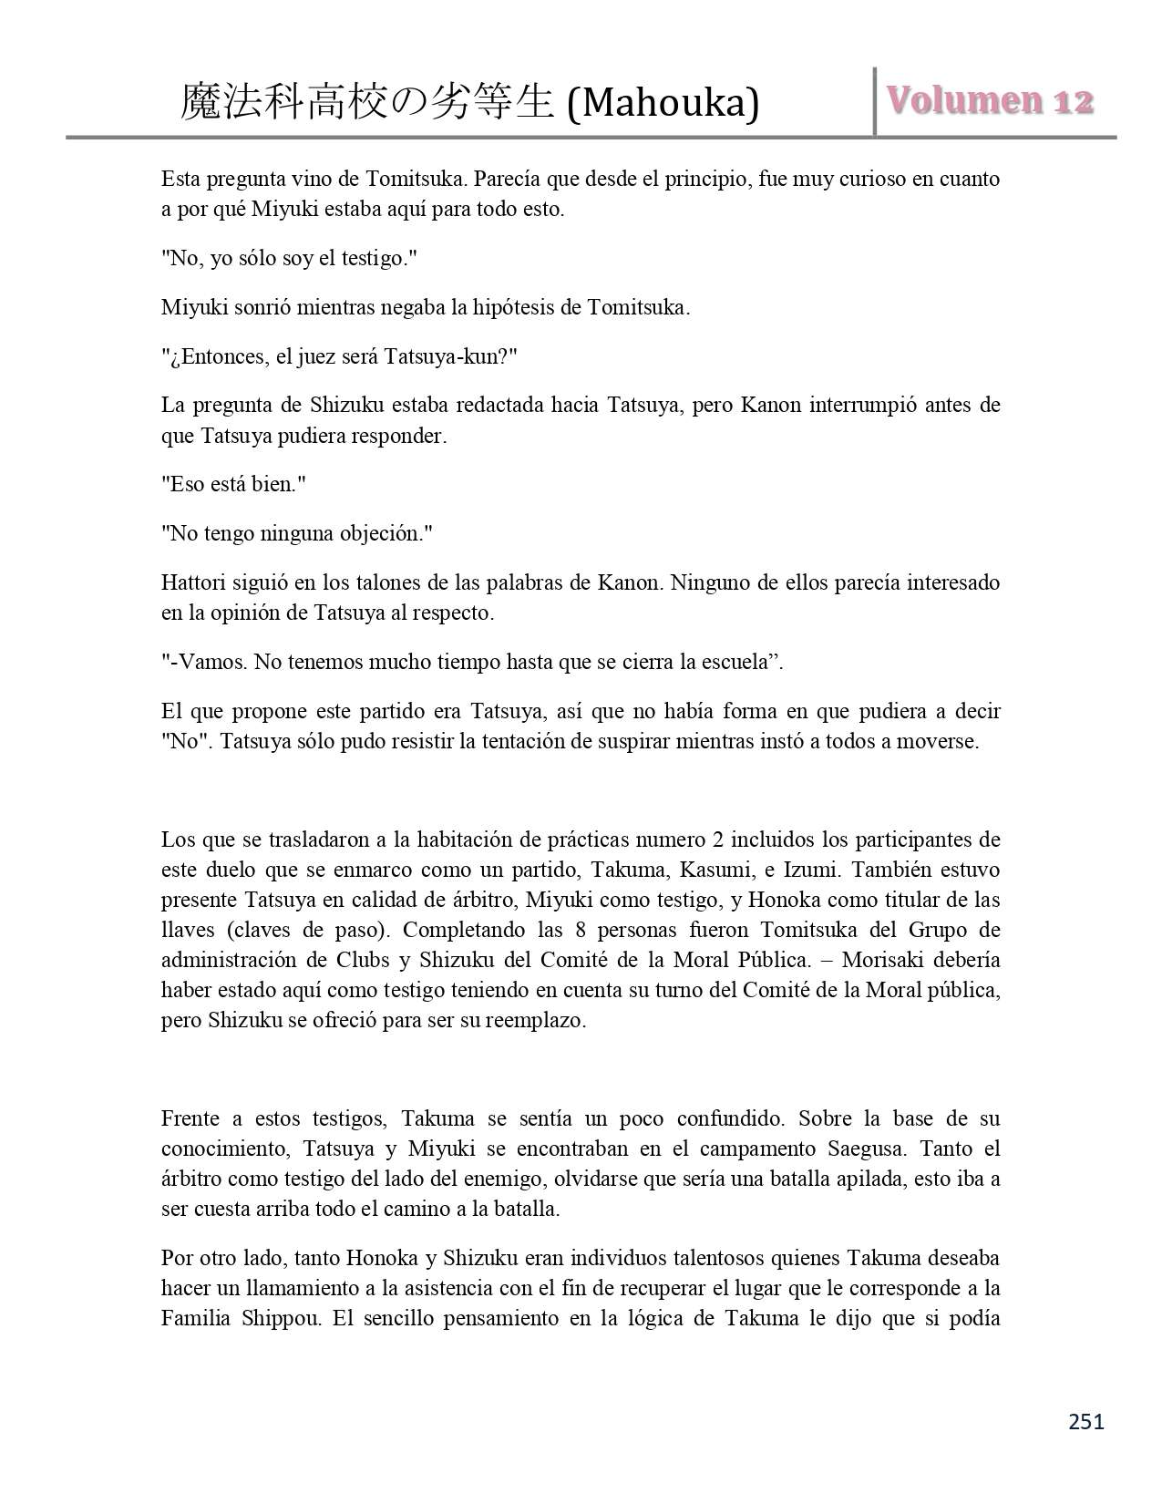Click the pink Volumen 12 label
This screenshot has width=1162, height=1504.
point(989,101)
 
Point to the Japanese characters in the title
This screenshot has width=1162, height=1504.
point(367,102)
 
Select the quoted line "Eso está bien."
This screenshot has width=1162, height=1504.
point(233,484)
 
